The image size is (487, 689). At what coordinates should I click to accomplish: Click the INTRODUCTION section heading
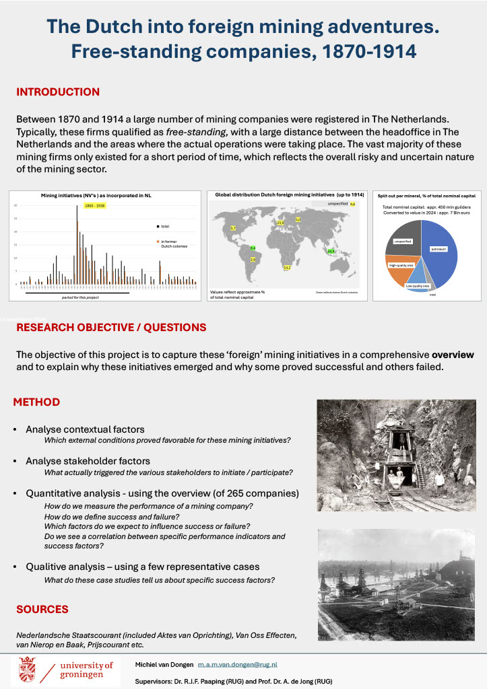pos(58,92)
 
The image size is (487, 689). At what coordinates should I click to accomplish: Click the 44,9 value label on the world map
pos(330,252)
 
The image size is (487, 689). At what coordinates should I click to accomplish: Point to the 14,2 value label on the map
pos(287,268)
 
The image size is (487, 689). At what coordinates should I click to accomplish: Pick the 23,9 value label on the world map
pos(281,222)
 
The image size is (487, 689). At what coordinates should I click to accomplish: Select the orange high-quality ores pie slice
pos(402,266)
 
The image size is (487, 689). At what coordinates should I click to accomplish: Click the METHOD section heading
pos(37,402)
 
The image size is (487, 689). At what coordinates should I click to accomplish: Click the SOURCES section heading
pos(42,609)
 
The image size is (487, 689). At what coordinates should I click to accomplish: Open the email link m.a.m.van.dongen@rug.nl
pos(233,664)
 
